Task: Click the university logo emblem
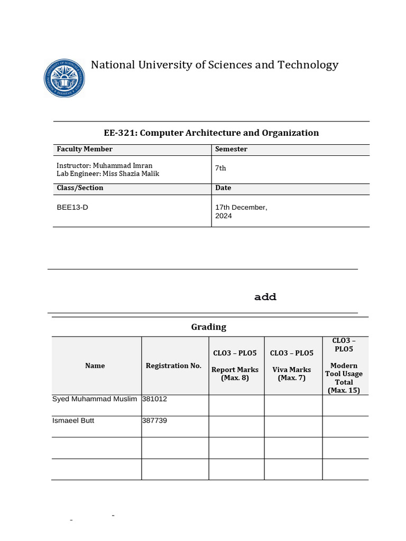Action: point(64,78)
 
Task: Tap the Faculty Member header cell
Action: point(85,150)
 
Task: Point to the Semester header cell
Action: point(231,150)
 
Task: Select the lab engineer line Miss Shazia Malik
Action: point(108,174)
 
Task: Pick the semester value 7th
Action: point(220,169)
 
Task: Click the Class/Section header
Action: point(80,188)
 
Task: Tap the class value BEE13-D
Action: point(72,208)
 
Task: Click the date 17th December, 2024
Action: point(241,211)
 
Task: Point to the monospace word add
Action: point(265,297)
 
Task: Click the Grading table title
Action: point(208,327)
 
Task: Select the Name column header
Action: point(95,366)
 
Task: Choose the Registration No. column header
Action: point(174,366)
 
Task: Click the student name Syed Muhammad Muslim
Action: point(95,399)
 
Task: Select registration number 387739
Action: point(154,421)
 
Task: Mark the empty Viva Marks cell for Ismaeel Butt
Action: point(293,426)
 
